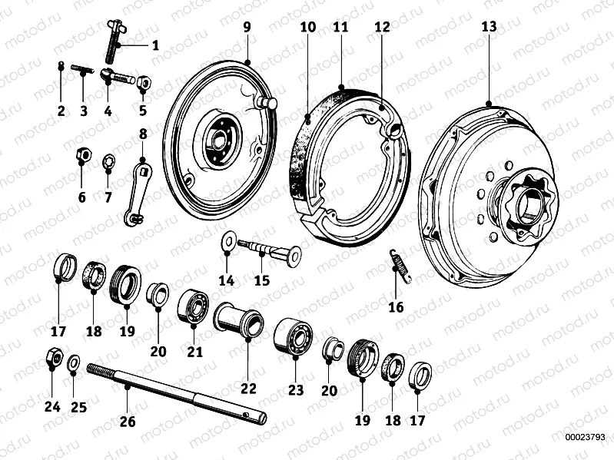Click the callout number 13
(489, 27)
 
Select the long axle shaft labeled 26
(177, 392)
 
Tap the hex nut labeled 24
(53, 357)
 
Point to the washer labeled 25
(74, 362)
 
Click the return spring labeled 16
(399, 264)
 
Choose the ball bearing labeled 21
(194, 306)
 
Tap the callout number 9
(247, 27)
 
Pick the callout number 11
(341, 27)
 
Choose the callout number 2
(61, 111)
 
